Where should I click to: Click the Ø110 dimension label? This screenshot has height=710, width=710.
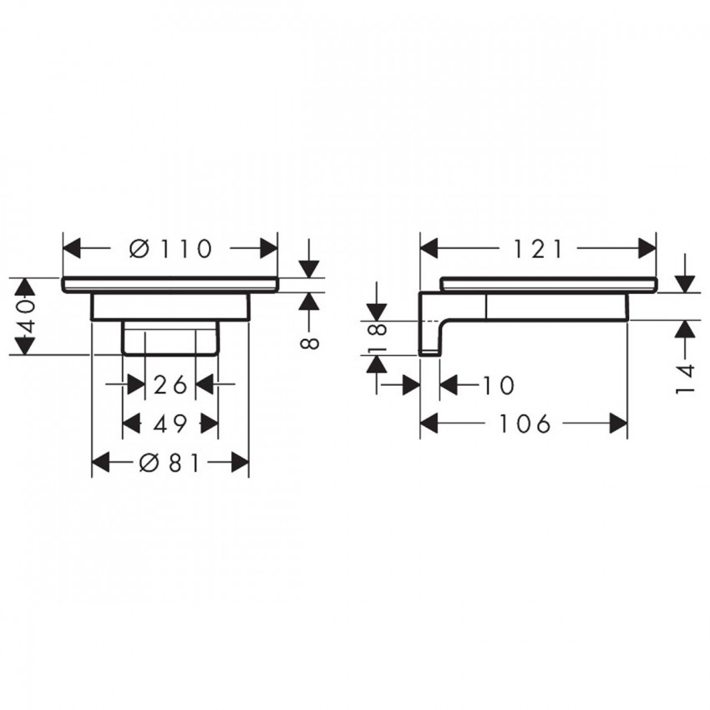click(170, 248)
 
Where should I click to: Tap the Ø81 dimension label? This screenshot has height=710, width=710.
click(170, 463)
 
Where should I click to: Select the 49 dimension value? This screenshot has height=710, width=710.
click(170, 423)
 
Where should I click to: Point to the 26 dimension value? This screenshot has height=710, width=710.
click(170, 384)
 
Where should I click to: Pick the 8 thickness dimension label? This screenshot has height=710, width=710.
click(310, 343)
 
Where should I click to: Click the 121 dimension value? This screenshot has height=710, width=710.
click(538, 249)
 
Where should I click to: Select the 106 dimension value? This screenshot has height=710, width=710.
click(525, 423)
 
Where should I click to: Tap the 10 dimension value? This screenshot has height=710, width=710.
click(498, 385)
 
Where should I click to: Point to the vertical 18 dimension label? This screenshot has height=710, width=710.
click(378, 336)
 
